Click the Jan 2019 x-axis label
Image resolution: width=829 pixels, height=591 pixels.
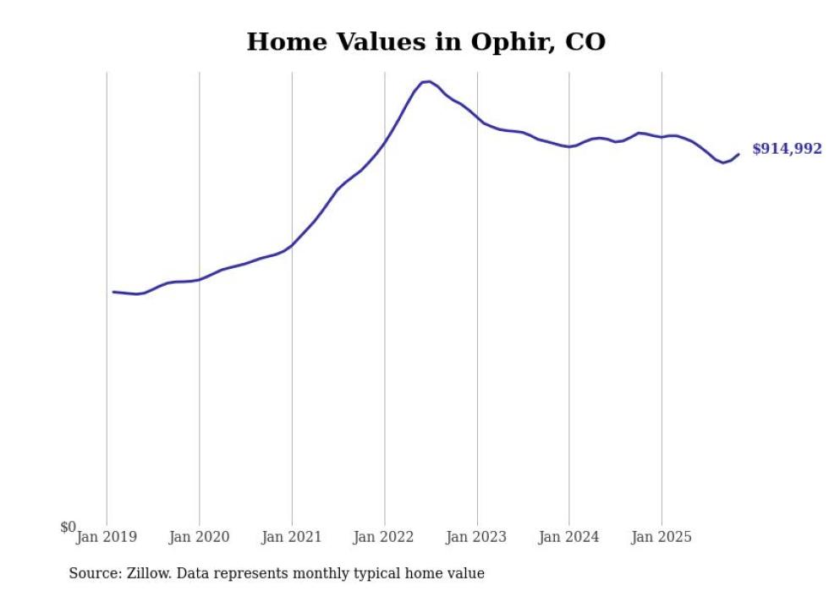tap(107, 537)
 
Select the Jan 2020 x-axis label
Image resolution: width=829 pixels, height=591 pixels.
tap(199, 537)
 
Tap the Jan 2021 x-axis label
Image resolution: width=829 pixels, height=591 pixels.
tap(292, 537)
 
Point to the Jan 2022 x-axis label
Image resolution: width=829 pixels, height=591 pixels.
tap(384, 537)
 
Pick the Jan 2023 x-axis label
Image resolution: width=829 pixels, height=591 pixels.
tap(476, 537)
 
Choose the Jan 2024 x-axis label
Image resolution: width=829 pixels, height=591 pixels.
tap(568, 537)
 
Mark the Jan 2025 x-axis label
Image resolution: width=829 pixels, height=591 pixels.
tap(662, 537)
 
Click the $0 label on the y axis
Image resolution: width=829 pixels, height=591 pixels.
tap(68, 528)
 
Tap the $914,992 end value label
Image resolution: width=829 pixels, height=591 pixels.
tap(787, 150)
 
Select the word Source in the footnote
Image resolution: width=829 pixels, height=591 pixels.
tap(92, 573)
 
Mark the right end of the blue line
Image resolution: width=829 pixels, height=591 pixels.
tap(738, 154)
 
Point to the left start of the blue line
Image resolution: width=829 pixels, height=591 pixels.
tap(113, 292)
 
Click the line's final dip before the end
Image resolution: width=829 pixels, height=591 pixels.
tap(723, 162)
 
